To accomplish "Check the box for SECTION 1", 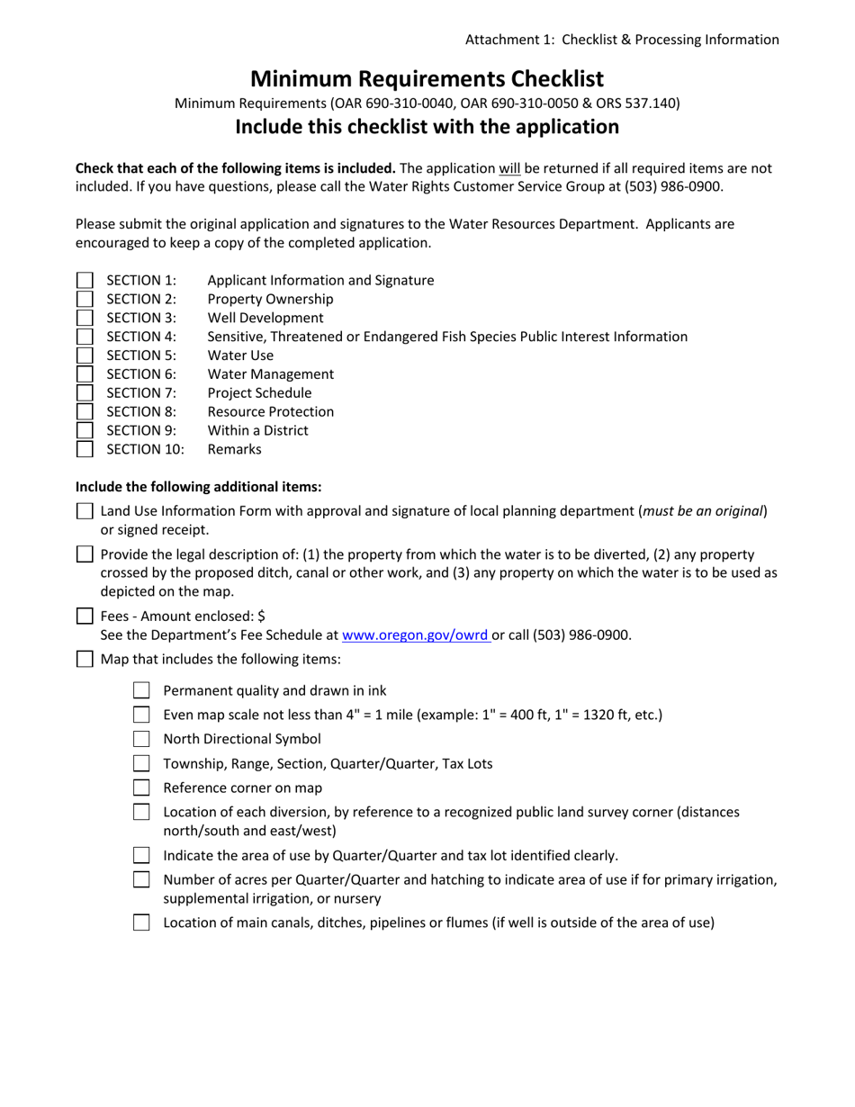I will [85, 281].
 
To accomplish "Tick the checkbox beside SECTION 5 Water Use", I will [85, 355].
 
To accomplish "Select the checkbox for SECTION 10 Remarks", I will [85, 449].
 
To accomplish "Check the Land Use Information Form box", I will [85, 511].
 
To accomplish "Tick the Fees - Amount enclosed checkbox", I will [85, 616].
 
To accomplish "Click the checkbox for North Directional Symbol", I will [141, 739].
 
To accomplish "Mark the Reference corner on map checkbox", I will [141, 787].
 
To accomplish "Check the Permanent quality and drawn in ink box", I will [141, 690].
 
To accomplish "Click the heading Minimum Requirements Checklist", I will [427, 78].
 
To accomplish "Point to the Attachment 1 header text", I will [621, 40].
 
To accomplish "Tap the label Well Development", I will [265, 318].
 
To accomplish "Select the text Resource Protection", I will [270, 412].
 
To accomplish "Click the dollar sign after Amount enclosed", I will [261, 616].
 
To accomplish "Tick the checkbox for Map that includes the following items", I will [85, 660].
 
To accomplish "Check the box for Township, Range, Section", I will [141, 763].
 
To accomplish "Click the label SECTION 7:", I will [141, 393].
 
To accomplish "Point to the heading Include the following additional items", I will [198, 487].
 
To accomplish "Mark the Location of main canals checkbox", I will [141, 922].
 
